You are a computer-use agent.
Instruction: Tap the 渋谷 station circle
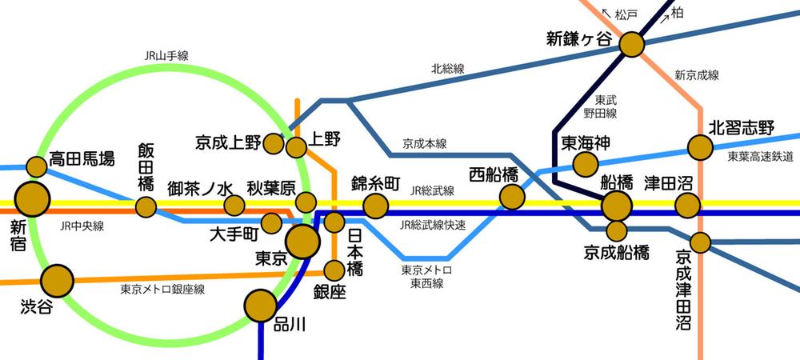57,281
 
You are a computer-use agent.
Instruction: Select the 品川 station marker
260,305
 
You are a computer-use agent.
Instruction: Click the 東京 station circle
302,241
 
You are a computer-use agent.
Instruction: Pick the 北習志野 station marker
701,146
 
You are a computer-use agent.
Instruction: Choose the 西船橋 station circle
512,196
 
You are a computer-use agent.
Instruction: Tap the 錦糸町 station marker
375,206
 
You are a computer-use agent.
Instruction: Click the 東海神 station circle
586,164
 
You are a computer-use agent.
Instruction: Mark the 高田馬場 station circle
37,166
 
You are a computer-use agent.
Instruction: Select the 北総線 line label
447,69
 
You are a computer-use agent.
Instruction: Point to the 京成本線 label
424,144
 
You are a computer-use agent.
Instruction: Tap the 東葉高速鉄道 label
760,157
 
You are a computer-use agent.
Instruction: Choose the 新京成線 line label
696,75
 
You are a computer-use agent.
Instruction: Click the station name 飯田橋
146,166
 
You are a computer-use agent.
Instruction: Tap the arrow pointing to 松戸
606,14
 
